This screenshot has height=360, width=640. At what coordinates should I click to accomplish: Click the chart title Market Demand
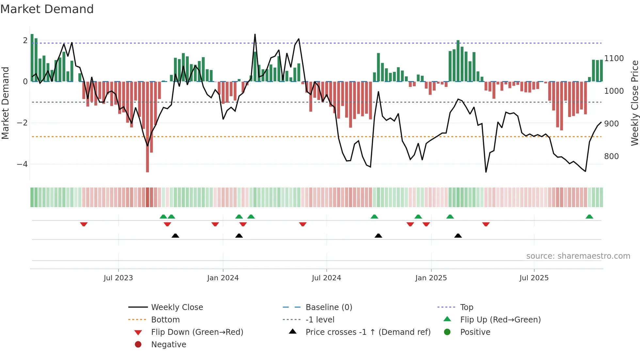[x=47, y=9]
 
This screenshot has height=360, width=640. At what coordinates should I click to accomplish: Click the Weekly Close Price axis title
[x=634, y=103]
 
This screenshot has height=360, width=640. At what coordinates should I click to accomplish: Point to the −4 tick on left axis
[x=22, y=164]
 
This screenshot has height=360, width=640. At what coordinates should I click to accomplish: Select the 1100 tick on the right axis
[x=614, y=58]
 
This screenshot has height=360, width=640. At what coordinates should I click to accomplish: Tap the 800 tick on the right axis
[x=611, y=156]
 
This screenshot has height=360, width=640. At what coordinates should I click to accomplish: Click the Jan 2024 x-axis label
[x=223, y=278]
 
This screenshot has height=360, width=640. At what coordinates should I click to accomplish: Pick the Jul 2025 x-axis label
[x=534, y=278]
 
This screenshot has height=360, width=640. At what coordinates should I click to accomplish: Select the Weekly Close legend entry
[x=177, y=307]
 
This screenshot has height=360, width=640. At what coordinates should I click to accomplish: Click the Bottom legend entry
[x=165, y=320]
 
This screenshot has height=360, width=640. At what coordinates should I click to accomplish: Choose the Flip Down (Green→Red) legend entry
[x=197, y=332]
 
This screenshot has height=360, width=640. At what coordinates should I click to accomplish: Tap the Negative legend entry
[x=168, y=345]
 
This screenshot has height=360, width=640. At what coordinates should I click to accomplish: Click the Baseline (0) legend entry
[x=328, y=307]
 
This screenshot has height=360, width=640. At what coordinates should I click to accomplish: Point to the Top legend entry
[x=466, y=307]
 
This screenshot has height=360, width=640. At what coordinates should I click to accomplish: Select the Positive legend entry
[x=475, y=332]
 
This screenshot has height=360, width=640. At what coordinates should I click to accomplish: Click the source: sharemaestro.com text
[x=578, y=256]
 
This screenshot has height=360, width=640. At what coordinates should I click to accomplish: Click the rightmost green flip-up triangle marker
[x=589, y=217]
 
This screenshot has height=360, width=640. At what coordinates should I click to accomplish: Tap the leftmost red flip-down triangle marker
[x=84, y=224]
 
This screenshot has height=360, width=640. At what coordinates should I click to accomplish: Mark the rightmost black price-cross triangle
[x=458, y=236]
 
